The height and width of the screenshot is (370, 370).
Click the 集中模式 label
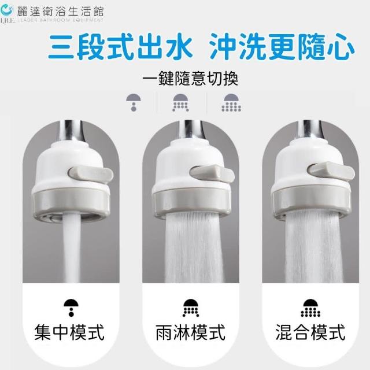click(x=69, y=332)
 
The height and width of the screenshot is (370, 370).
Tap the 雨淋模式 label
click(x=190, y=332)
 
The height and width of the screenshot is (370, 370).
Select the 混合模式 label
click(x=310, y=332)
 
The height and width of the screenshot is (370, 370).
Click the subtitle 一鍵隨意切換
click(x=190, y=79)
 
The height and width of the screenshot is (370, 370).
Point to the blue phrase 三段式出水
click(x=120, y=46)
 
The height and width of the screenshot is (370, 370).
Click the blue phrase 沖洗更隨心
click(x=282, y=46)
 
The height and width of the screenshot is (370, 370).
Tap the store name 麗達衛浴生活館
click(x=60, y=11)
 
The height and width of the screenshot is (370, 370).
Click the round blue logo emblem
click(x=7, y=10)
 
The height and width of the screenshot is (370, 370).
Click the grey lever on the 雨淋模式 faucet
click(x=212, y=175)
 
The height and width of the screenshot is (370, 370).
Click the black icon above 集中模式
click(x=71, y=308)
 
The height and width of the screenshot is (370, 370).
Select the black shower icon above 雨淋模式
click(x=191, y=308)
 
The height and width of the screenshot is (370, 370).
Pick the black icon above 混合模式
click(x=310, y=308)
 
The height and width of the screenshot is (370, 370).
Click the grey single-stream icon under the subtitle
click(x=134, y=102)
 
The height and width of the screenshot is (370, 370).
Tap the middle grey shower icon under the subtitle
click(x=180, y=102)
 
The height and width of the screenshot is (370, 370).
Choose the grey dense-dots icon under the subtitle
click(x=231, y=102)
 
